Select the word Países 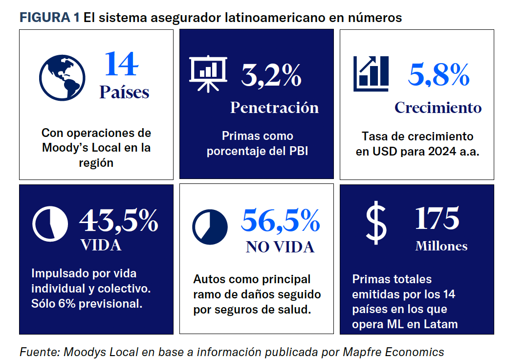[124, 92]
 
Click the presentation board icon [208, 72]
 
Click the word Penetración [274, 108]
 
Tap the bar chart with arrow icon [371, 73]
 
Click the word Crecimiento [438, 108]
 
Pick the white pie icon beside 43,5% [50, 224]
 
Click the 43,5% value [118, 221]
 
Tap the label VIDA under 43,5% [101, 245]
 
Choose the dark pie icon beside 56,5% [210, 227]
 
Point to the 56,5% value [281, 221]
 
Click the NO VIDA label [280, 247]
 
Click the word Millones [441, 246]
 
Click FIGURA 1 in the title [49, 18]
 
